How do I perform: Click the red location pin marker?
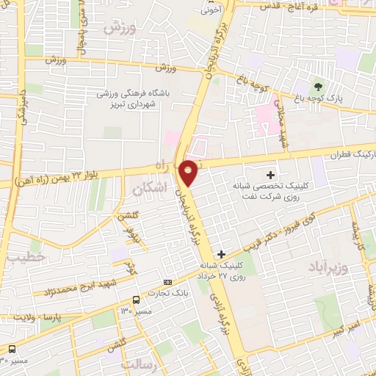pyautogui.click(x=189, y=172)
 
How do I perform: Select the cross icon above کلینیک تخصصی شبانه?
pyautogui.click(x=271, y=175)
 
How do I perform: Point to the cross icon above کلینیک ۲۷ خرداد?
pyautogui.click(x=221, y=253)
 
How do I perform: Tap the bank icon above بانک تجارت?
pyautogui.click(x=168, y=282)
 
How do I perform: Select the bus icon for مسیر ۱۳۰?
pyautogui.click(x=136, y=299)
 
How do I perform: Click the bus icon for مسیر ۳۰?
pyautogui.click(x=12, y=349)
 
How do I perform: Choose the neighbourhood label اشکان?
pyautogui.click(x=151, y=189)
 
